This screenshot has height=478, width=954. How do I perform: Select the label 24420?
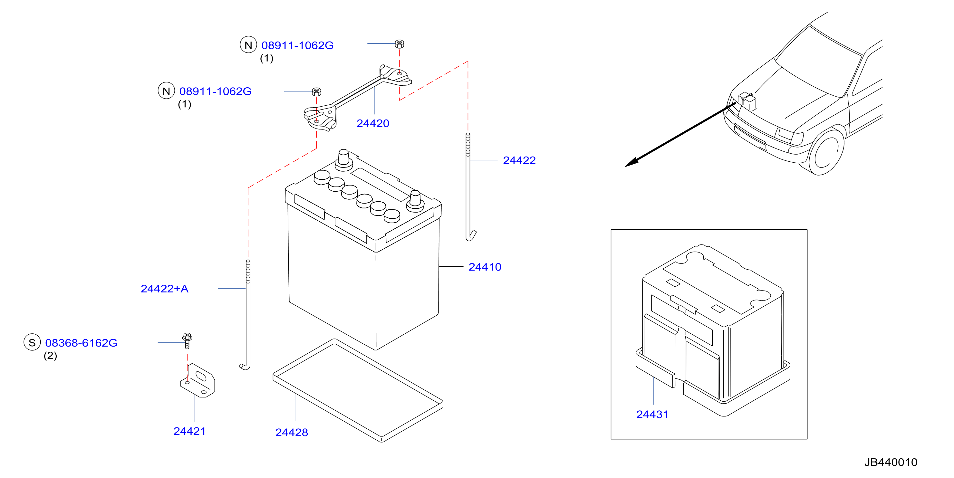point(372,123)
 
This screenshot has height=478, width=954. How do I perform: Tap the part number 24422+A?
point(164,288)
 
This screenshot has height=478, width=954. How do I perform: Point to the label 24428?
point(292,432)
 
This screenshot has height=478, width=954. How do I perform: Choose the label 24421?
point(190,431)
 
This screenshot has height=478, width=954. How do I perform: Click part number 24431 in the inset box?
point(652,414)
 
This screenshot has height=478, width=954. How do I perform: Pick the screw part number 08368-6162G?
point(81,343)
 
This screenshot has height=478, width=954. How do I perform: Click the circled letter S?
point(32,342)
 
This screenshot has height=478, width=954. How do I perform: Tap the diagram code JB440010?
point(891,462)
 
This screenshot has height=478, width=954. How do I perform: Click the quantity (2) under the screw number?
point(50,356)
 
